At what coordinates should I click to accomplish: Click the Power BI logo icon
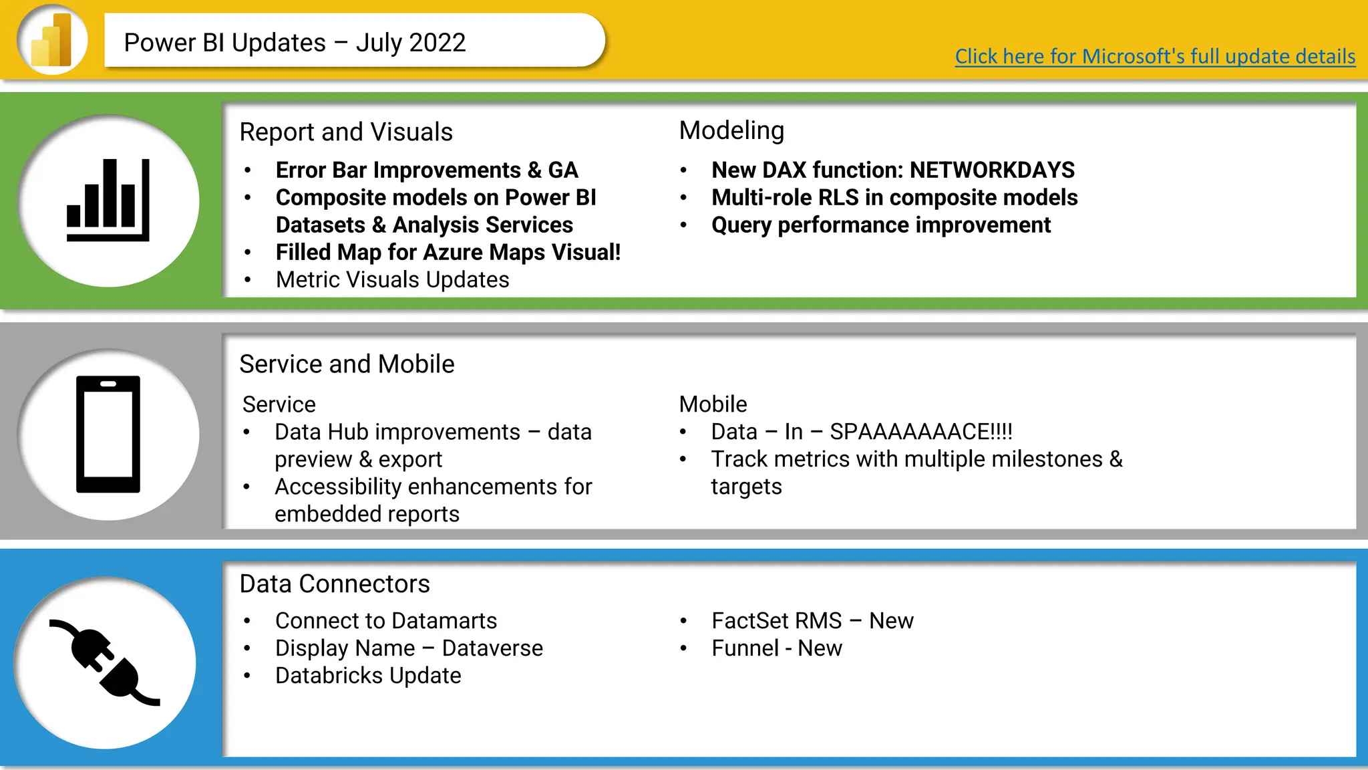pos(52,40)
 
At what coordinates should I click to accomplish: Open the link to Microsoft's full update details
pos(1154,57)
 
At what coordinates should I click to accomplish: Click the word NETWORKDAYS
pos(992,170)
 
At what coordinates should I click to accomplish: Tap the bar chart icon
pos(108,201)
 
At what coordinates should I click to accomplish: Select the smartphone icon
pos(108,434)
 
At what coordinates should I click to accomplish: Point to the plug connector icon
pos(105,662)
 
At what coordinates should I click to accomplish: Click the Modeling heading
pos(731,131)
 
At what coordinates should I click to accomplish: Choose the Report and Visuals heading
pos(346,132)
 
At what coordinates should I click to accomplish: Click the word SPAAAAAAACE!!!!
pos(920,432)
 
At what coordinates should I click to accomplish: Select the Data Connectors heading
pos(335,584)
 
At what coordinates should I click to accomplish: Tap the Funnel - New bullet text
pos(776,648)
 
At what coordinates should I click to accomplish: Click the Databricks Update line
pos(368,676)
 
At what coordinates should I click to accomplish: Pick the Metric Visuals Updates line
pos(392,280)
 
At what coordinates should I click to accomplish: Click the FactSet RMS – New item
pos(812,621)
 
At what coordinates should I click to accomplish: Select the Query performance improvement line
pos(880,225)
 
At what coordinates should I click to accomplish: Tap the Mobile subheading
pos(713,404)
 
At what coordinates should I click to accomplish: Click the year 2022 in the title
pos(438,43)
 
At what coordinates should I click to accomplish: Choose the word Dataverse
pos(492,648)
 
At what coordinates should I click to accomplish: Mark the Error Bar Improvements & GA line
pos(426,170)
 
